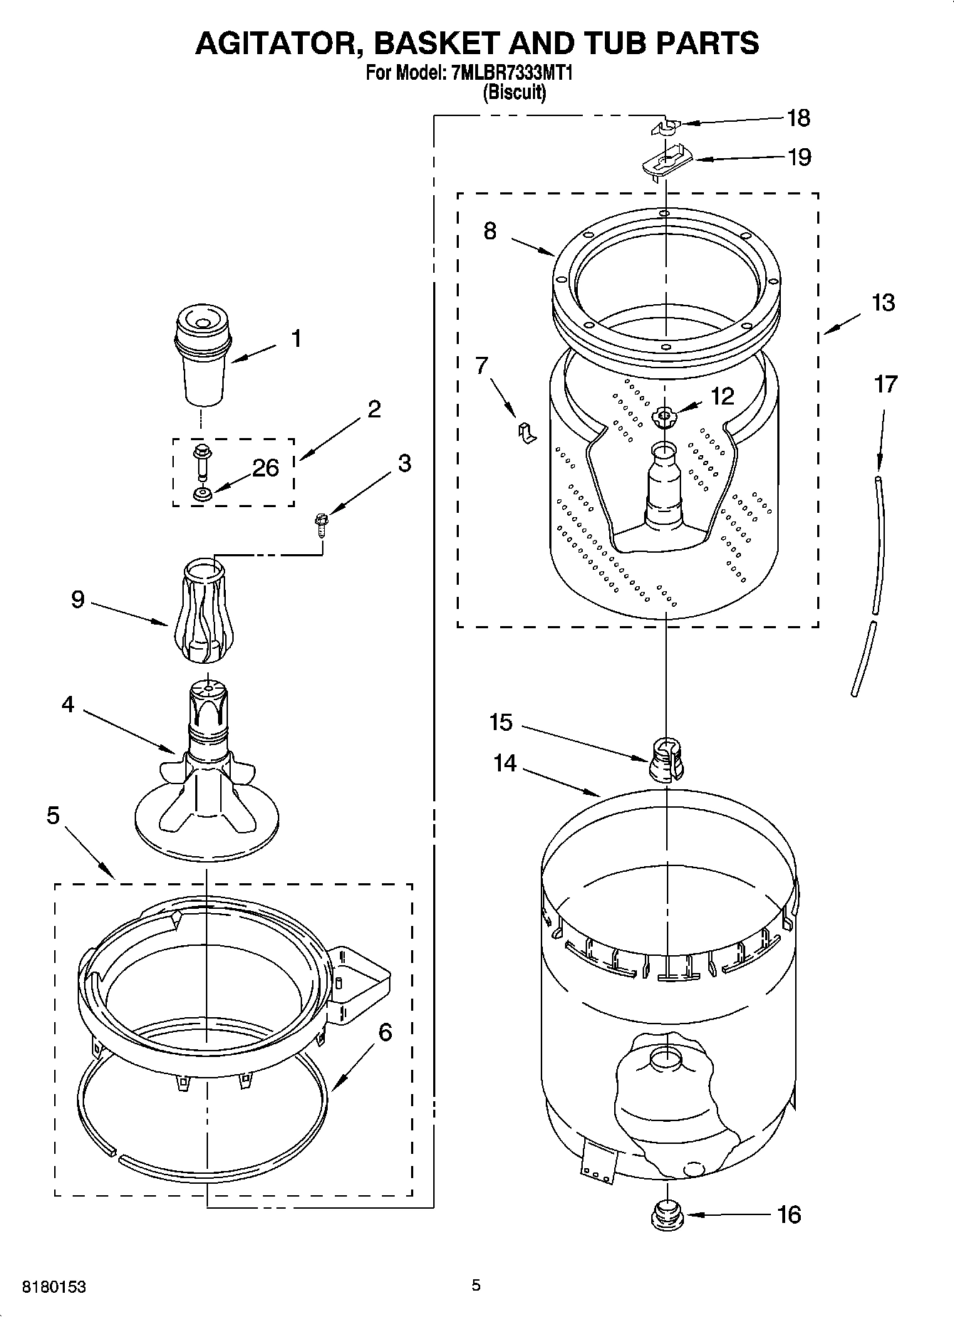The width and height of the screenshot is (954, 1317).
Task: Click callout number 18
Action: point(799,118)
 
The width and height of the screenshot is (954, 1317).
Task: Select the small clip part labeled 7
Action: point(526,432)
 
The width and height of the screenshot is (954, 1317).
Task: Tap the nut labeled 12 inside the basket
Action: point(664,417)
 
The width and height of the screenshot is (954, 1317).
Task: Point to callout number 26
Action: point(265,468)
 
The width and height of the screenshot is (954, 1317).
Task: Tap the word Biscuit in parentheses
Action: point(514,93)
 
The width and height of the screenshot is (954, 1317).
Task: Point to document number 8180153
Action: point(54,1287)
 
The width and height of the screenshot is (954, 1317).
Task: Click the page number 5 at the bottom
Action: point(476,1285)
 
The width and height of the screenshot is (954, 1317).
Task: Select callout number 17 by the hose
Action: point(885,385)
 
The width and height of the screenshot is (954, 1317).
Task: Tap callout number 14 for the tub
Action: point(504,763)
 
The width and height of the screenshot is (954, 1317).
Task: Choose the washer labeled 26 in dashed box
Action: point(203,494)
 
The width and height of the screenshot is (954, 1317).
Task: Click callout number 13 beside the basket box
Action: point(883,303)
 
